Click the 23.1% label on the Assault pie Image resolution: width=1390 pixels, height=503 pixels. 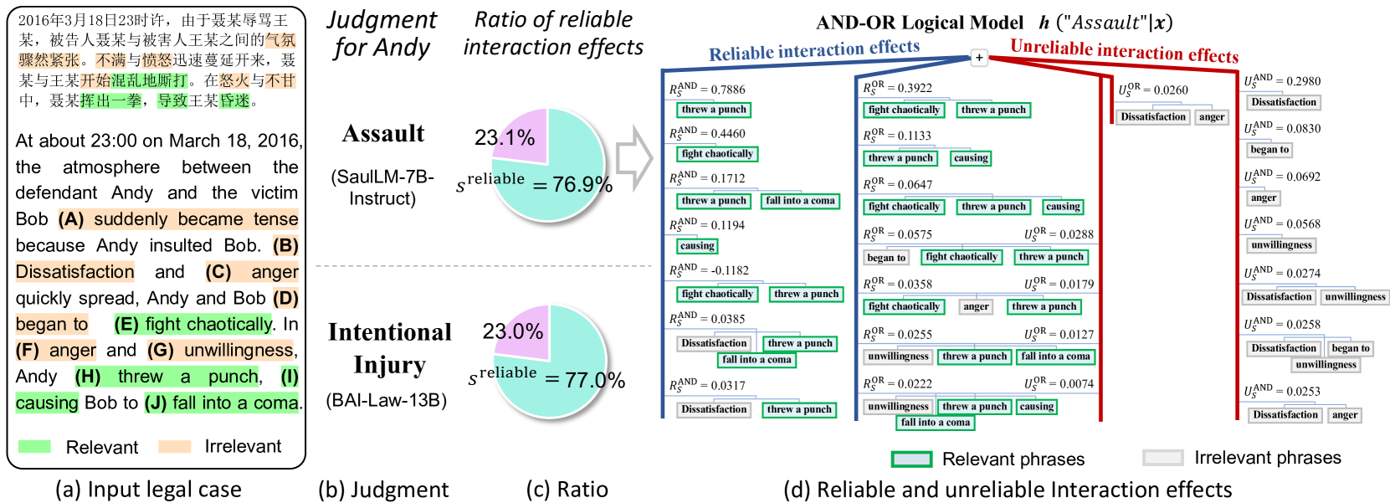click(x=504, y=137)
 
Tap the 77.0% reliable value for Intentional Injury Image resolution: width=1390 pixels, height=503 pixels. click(x=594, y=381)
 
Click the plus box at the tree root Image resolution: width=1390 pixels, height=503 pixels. click(x=979, y=58)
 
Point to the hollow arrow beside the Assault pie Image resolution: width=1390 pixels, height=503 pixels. click(x=633, y=158)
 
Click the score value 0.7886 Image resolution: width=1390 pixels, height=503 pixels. click(x=727, y=90)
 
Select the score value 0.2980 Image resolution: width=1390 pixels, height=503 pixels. click(x=1304, y=81)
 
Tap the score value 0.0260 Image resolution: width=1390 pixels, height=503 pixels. click(x=1171, y=90)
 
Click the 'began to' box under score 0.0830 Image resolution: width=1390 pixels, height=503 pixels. click(x=1269, y=150)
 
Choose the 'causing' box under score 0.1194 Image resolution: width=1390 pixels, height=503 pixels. click(x=697, y=246)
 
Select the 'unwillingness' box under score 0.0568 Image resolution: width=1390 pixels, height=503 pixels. click(x=1281, y=245)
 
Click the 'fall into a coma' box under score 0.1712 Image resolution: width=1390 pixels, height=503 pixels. click(x=800, y=201)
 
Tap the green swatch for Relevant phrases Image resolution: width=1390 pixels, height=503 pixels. click(x=911, y=459)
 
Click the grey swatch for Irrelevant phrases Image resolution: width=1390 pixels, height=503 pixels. click(x=1162, y=458)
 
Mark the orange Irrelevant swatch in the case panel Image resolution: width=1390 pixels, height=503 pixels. click(x=175, y=447)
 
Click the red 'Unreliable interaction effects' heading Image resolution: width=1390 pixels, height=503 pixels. click(x=1124, y=51)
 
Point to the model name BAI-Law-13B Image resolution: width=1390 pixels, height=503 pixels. click(x=387, y=400)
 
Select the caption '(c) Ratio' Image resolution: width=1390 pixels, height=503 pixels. click(x=567, y=490)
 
